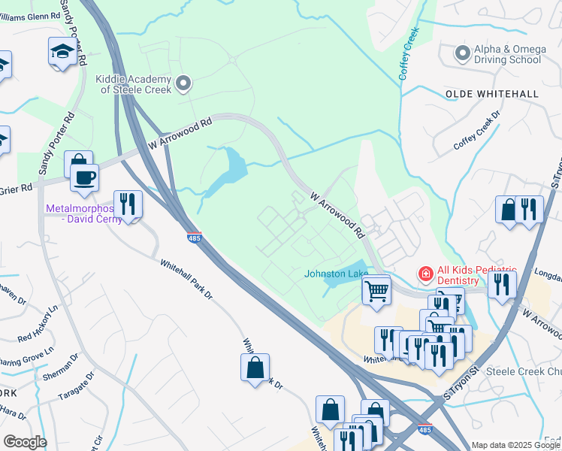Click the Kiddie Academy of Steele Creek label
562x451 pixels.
(x=133, y=83)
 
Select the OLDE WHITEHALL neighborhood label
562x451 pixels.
(x=491, y=94)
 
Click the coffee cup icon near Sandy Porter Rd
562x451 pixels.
(x=84, y=178)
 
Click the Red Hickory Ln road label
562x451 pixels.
(x=38, y=324)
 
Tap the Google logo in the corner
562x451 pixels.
(x=24, y=442)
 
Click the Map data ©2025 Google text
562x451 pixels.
(x=515, y=445)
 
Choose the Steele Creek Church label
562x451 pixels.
(x=524, y=371)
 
